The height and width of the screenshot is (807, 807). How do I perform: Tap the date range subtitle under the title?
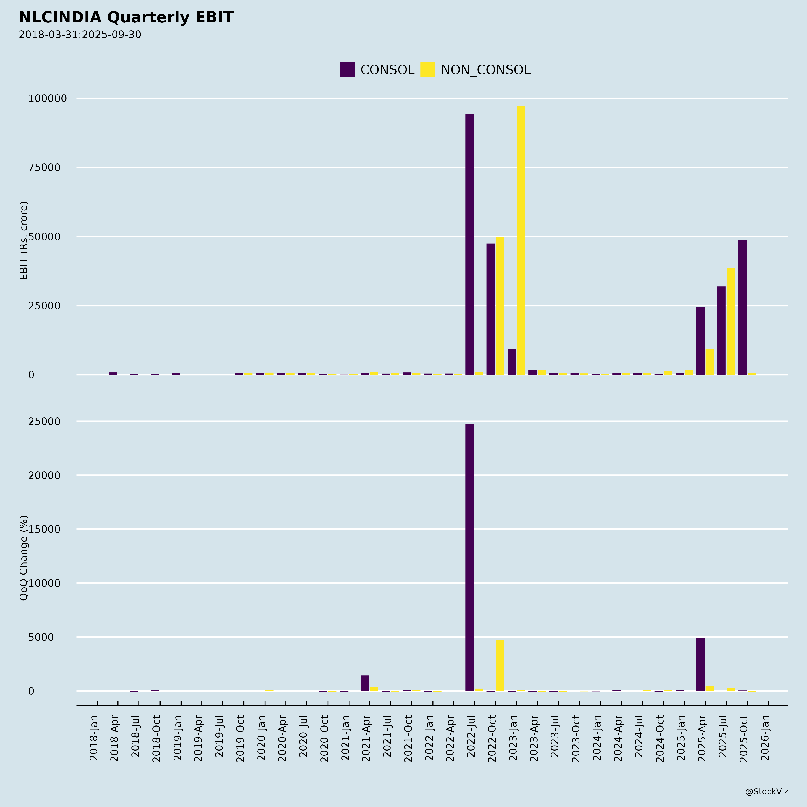80,35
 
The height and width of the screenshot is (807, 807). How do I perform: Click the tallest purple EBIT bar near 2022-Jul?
469,244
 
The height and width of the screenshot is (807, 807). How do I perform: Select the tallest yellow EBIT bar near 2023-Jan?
521,241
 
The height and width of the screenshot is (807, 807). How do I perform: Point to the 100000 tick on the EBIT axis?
48,99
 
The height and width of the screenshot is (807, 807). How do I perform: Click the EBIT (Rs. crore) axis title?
24,241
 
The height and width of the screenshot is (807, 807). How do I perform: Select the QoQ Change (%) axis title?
24,558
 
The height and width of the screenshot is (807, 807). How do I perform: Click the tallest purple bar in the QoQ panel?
469,558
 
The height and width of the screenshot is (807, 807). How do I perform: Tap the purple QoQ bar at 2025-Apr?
701,665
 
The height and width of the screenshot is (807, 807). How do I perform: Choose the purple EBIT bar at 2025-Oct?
742,307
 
